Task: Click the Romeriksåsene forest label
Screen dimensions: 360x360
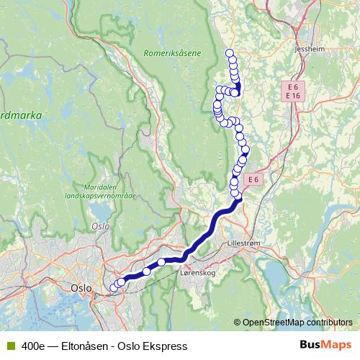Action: (x=172, y=53)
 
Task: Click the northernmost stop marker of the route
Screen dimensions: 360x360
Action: (x=230, y=53)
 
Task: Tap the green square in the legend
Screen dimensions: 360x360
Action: (x=10, y=346)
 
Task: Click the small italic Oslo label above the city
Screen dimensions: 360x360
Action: (x=100, y=225)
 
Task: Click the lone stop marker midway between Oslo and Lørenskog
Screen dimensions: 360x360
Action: (x=146, y=271)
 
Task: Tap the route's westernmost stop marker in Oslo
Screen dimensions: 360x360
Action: (x=112, y=288)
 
